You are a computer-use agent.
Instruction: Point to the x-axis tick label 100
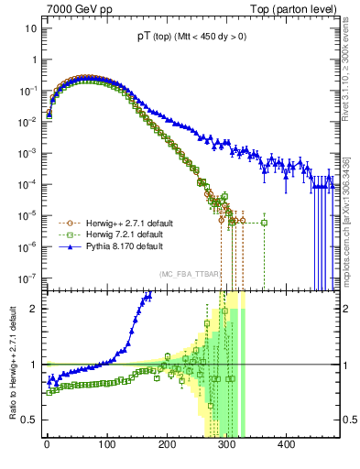pos(107,446)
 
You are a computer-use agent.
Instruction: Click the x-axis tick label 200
pos(167,446)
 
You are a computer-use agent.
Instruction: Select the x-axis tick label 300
pos(227,446)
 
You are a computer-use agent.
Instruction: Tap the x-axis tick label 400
pos(287,446)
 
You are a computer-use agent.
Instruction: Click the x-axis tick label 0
pos(47,446)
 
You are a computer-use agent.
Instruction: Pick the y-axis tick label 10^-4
pos(26,183)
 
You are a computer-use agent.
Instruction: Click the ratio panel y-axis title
pos(10,364)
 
